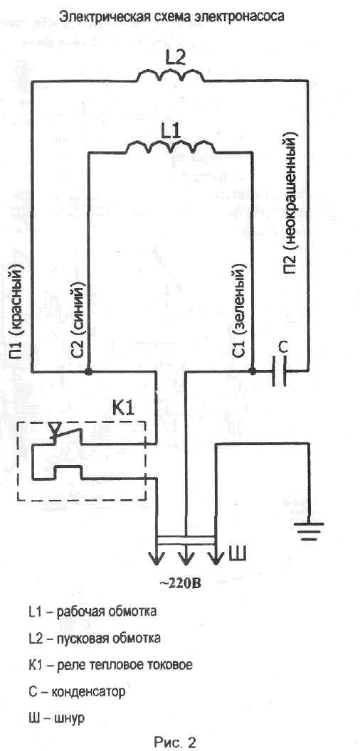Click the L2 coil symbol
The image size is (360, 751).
tap(171, 75)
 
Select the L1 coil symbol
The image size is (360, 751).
tap(171, 147)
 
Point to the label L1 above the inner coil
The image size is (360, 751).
tap(171, 130)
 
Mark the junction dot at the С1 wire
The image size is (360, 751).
tap(252, 371)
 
